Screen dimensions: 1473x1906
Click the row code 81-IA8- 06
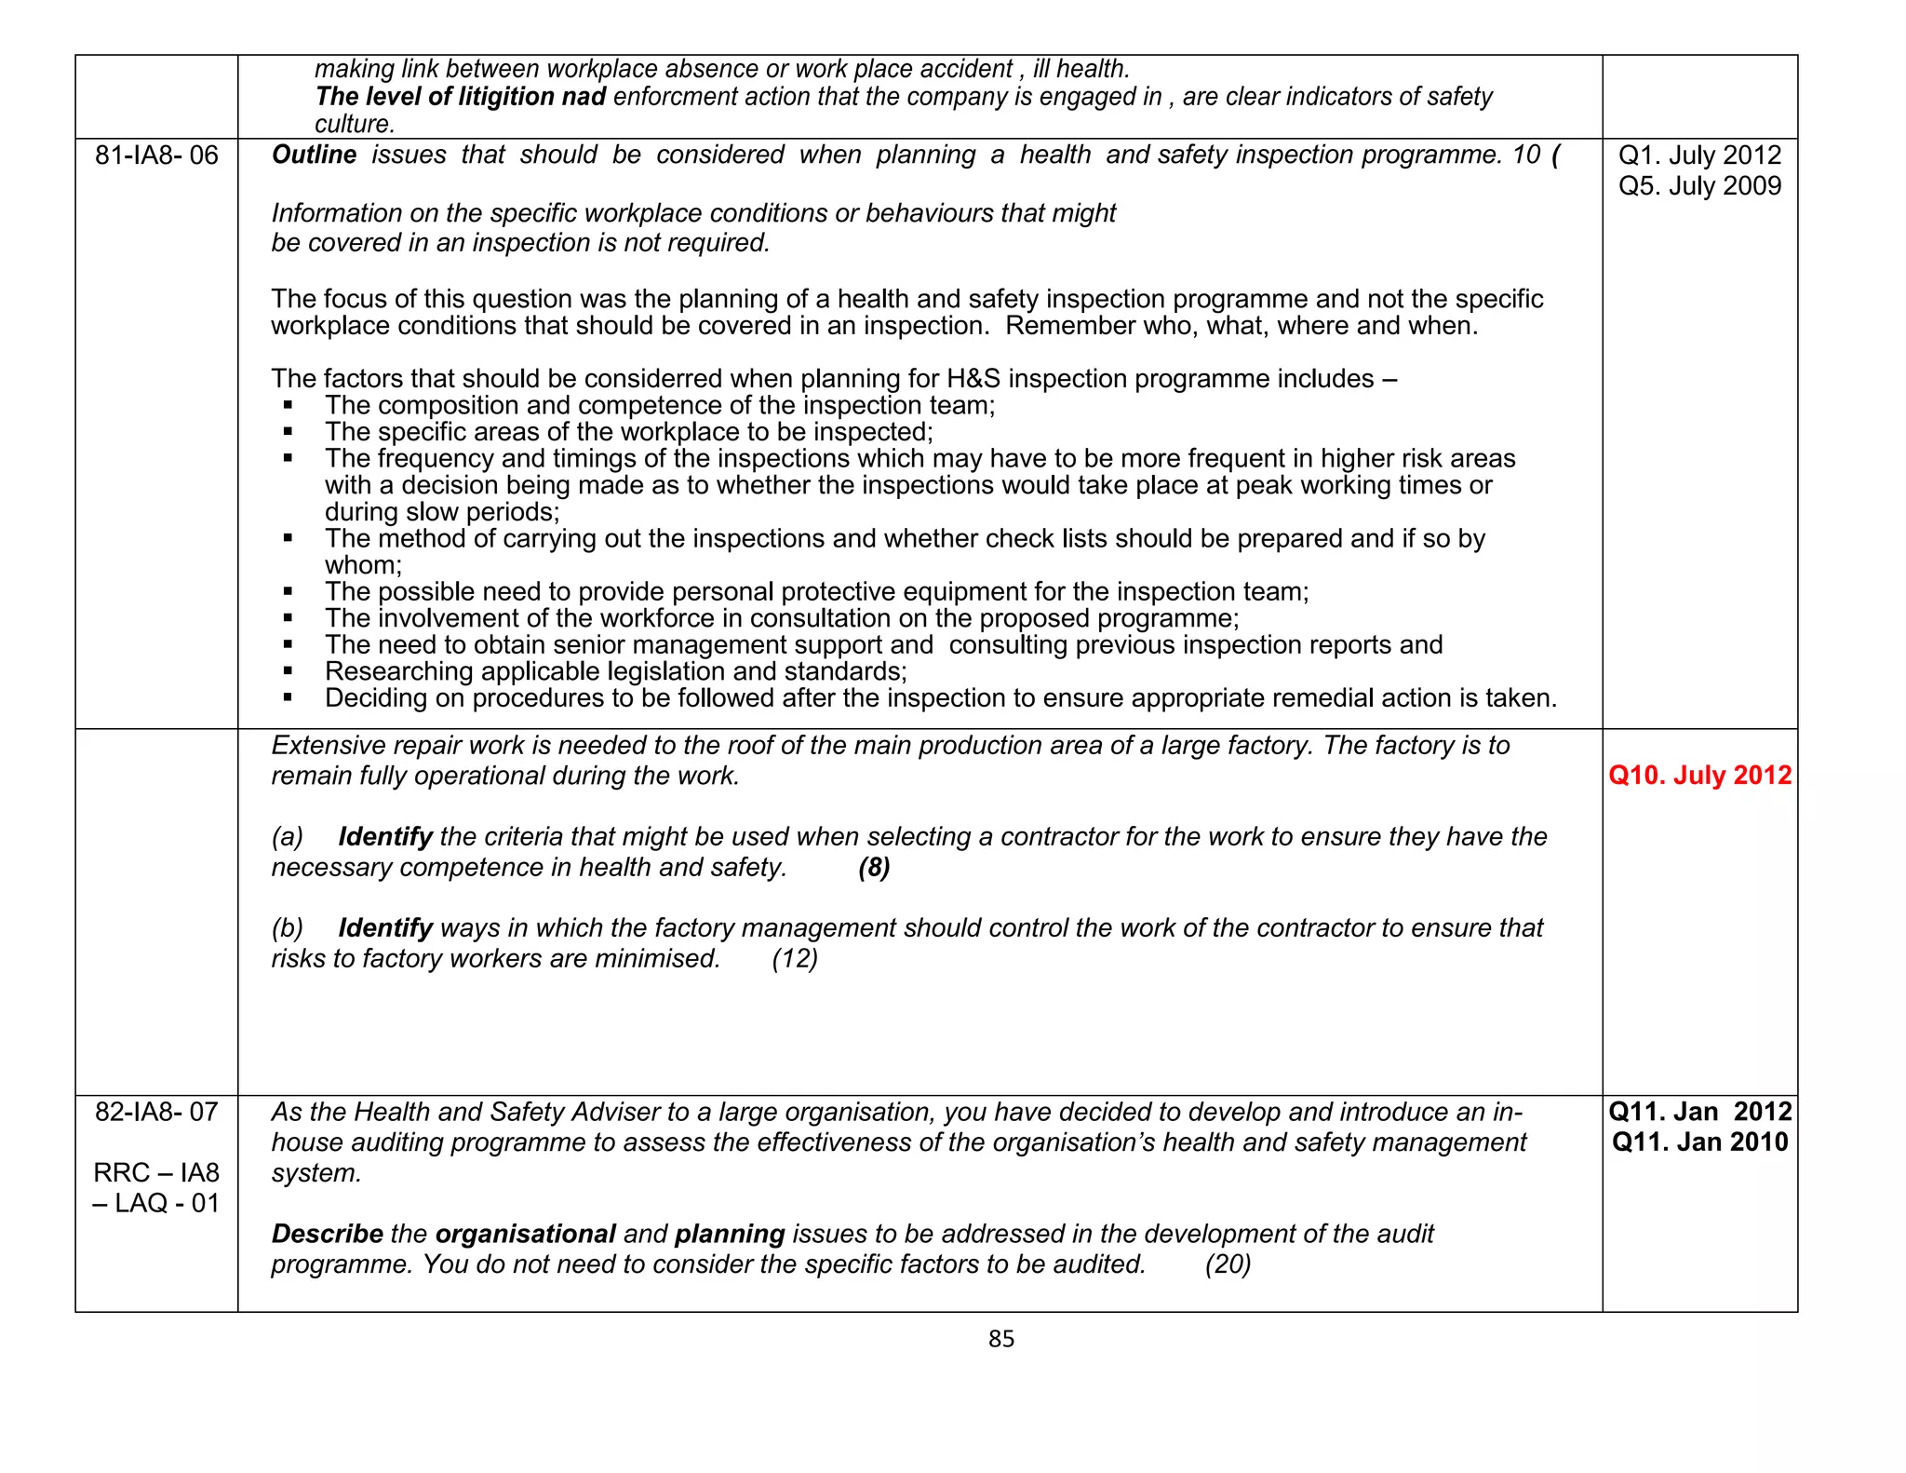click(156, 155)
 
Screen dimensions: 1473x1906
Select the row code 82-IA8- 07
click(156, 1112)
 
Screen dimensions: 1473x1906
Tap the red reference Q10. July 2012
click(1699, 776)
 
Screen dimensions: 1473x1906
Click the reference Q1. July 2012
click(1699, 155)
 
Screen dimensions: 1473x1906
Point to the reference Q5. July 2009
click(1699, 186)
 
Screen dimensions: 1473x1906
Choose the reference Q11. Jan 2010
click(1699, 1142)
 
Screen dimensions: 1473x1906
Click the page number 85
click(1001, 1339)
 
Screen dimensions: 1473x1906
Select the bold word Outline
click(314, 155)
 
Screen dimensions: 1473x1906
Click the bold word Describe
click(327, 1235)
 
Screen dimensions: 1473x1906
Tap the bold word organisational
click(525, 1235)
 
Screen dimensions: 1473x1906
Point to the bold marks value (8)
click(874, 868)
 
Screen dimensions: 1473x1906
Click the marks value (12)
click(795, 959)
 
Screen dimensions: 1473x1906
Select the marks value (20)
click(1228, 1264)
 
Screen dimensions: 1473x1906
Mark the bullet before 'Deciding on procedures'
click(289, 697)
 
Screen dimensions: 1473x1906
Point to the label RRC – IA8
click(156, 1173)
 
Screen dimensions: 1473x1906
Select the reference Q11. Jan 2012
click(1699, 1112)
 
